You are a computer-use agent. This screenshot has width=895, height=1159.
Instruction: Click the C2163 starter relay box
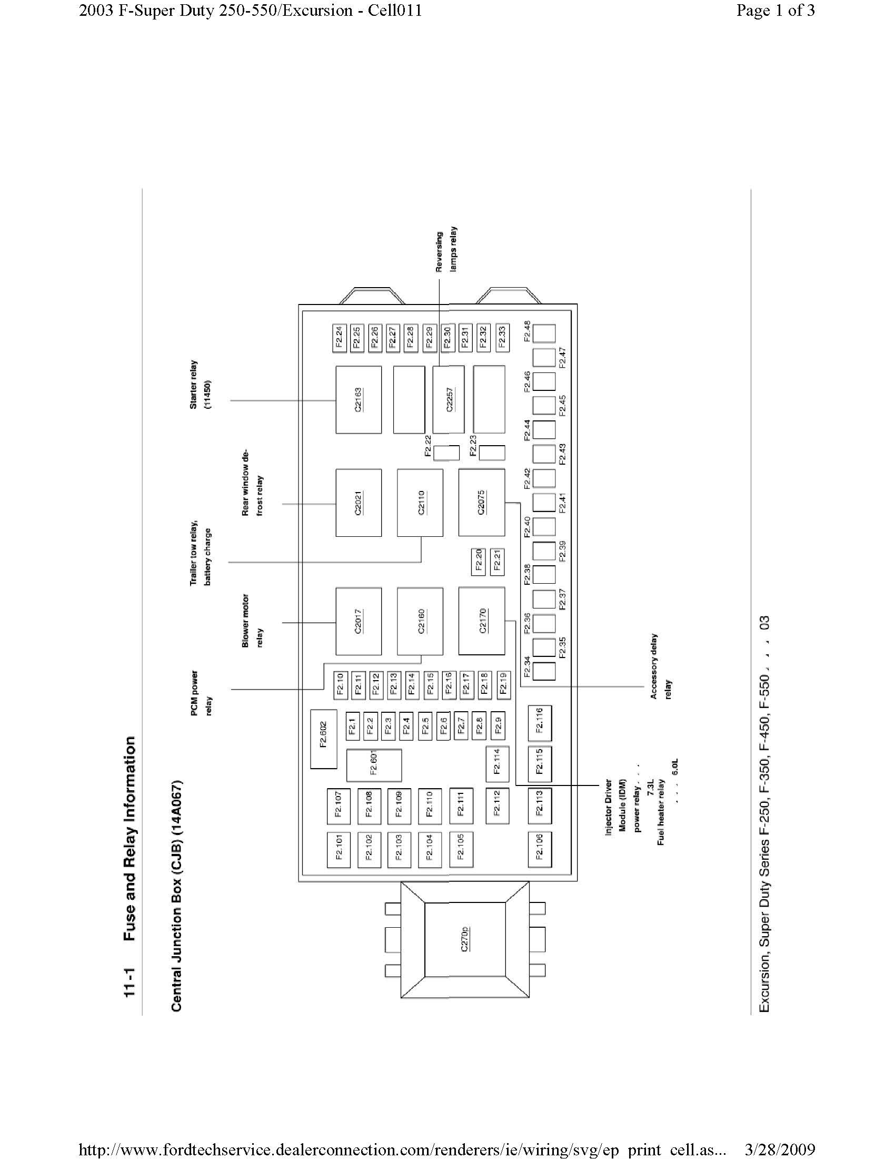click(359, 399)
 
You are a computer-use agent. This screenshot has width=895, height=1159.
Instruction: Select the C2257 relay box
click(449, 399)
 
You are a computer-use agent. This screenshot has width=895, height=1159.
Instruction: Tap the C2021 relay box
click(359, 503)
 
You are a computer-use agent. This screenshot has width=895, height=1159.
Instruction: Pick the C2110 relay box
click(421, 503)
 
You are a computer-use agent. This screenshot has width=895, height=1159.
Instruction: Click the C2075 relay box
click(481, 503)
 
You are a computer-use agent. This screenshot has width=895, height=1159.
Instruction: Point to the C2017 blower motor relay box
click(359, 621)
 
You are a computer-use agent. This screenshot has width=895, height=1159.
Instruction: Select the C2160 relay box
click(421, 621)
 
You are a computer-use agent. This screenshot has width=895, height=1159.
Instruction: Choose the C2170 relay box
click(481, 621)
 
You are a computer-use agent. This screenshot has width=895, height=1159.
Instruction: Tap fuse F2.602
click(323, 739)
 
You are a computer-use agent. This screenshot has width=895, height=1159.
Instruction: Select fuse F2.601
click(374, 765)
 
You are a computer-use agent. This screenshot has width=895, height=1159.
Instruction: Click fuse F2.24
click(340, 338)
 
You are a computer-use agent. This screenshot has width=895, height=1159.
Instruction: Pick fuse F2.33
click(502, 338)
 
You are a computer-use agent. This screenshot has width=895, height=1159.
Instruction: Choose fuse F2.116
click(539, 723)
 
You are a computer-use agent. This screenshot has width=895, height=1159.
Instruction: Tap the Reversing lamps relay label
click(446, 251)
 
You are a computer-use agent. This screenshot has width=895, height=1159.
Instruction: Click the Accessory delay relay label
click(661, 666)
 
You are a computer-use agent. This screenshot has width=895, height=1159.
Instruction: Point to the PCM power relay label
click(202, 693)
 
